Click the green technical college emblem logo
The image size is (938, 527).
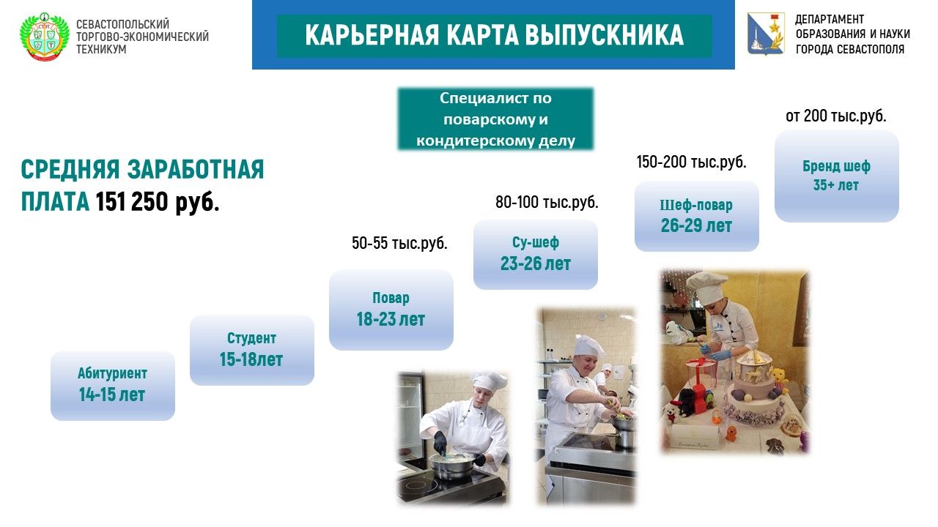click(45, 37)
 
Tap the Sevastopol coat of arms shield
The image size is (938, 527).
click(766, 34)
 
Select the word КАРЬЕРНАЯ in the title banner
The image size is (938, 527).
click(372, 34)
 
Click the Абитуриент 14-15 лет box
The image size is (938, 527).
click(113, 386)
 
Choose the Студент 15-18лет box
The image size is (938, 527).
click(251, 350)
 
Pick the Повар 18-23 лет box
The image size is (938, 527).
click(391, 310)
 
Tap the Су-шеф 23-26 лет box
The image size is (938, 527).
click(536, 255)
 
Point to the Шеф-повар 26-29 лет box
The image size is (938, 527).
click(697, 216)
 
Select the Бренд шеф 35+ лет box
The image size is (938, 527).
click(837, 176)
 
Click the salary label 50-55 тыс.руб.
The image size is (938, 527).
click(399, 243)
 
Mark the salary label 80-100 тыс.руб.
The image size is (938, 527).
click(547, 203)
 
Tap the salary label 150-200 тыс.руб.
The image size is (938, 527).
click(691, 162)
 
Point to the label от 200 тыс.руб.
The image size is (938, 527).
click(836, 116)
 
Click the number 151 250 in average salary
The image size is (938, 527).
click(132, 202)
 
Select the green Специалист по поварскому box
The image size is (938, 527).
click(495, 119)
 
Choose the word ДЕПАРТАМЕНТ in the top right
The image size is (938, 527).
click(830, 19)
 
